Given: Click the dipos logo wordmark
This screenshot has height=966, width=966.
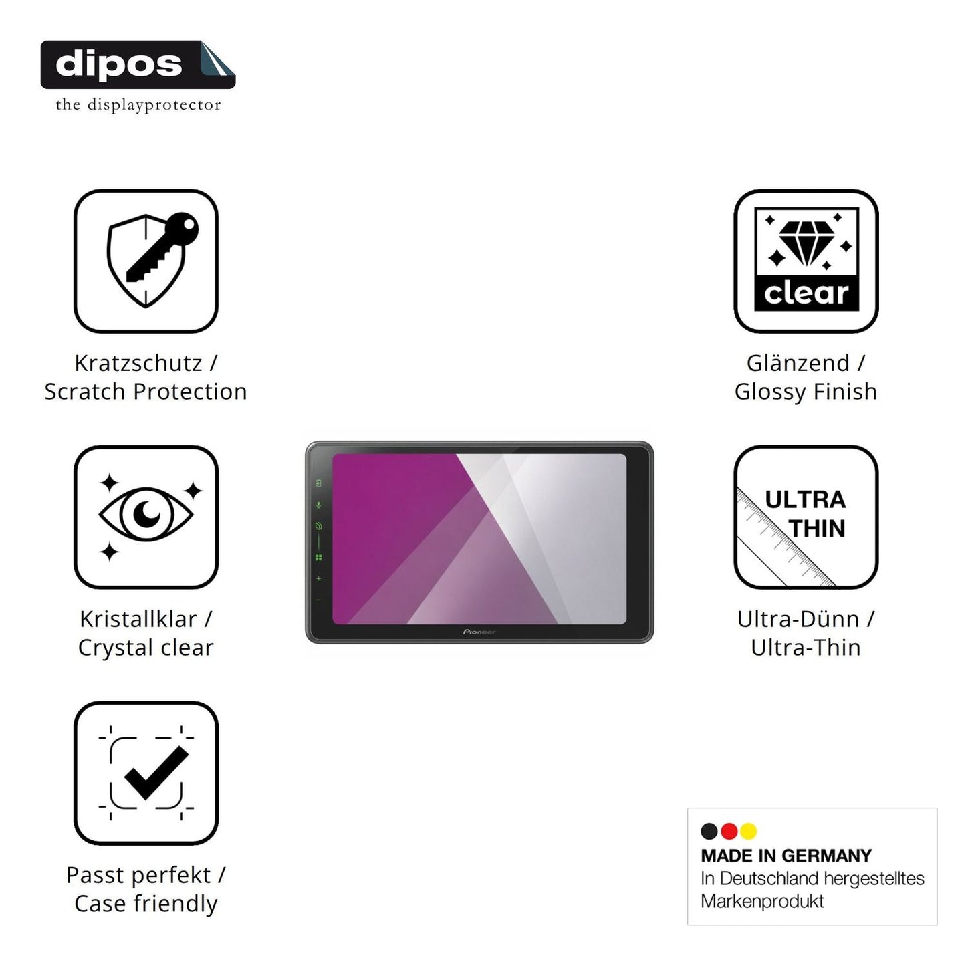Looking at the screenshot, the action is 119,64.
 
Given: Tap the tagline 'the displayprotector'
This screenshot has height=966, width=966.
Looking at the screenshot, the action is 138,105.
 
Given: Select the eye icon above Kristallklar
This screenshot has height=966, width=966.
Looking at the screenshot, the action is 146,514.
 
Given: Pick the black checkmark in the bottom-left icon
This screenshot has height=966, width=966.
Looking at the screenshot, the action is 156,773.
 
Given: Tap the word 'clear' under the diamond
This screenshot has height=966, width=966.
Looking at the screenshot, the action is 806,293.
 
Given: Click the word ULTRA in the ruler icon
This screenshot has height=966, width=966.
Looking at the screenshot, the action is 806,500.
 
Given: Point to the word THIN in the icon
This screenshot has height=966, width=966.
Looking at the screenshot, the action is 817,528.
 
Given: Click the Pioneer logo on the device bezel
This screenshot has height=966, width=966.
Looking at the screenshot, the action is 479,632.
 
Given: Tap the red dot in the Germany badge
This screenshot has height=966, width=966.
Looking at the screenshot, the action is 729,831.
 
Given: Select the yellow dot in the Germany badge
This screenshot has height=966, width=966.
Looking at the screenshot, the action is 749,831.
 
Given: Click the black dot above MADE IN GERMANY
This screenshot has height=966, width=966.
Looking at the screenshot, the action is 709,831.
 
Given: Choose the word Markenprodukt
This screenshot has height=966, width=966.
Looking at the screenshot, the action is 763,901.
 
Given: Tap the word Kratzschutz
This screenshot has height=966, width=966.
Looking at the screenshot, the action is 138,363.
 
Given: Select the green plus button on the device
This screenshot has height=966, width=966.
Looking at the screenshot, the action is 319,579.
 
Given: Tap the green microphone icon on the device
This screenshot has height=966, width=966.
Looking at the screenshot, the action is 319,505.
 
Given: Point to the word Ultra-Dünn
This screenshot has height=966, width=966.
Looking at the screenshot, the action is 798,619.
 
